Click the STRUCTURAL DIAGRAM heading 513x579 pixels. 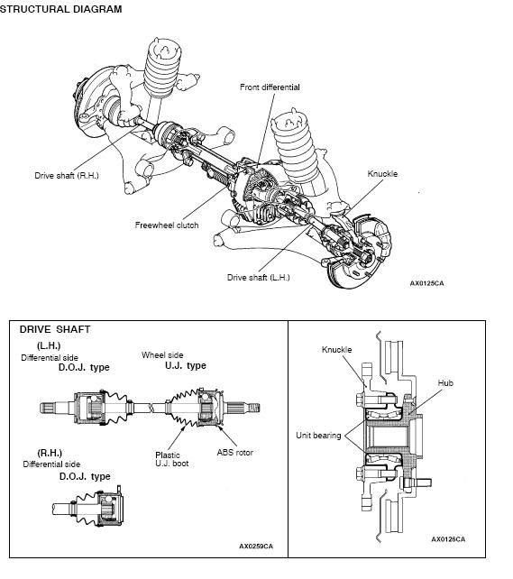[x=60, y=9]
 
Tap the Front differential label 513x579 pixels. [x=270, y=87]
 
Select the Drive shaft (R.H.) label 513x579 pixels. [x=67, y=175]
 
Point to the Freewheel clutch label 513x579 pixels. [x=167, y=225]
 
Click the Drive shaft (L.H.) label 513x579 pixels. [x=259, y=277]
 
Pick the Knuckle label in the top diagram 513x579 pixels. [x=382, y=173]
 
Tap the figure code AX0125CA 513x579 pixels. [x=426, y=283]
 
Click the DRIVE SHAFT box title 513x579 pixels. [x=55, y=329]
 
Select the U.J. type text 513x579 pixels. [x=186, y=365]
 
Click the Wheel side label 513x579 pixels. [x=162, y=354]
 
